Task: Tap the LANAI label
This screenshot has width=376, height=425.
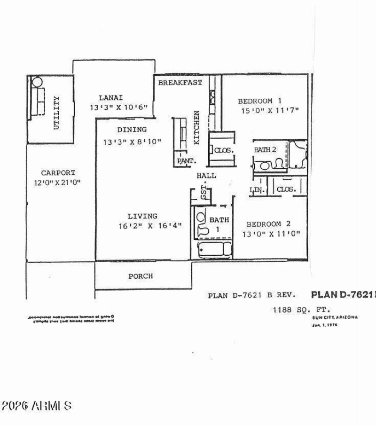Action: pyautogui.click(x=111, y=98)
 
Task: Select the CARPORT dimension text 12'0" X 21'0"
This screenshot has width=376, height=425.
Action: pyautogui.click(x=57, y=183)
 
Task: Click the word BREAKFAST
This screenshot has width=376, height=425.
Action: pyautogui.click(x=180, y=83)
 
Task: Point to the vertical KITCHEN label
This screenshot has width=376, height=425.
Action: pyautogui.click(x=197, y=127)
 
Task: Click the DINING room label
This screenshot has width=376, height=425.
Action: pyautogui.click(x=132, y=130)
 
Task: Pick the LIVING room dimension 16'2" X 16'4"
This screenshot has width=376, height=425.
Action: pyautogui.click(x=150, y=226)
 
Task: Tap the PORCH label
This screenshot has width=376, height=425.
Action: pyautogui.click(x=141, y=276)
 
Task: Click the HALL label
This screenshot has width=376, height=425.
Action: pyautogui.click(x=206, y=175)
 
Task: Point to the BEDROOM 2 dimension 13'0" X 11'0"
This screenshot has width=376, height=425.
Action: pyautogui.click(x=271, y=234)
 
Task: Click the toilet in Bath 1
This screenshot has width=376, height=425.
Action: pyautogui.click(x=203, y=224)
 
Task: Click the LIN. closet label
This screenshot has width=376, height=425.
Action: pyautogui.click(x=258, y=189)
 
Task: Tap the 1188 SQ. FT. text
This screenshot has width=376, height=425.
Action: pyautogui.click(x=302, y=310)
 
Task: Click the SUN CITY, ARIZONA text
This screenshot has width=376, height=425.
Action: pyautogui.click(x=335, y=317)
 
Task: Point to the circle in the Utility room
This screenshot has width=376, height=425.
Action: pyautogui.click(x=37, y=82)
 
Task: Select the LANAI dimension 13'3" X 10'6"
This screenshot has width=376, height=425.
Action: pyautogui.click(x=118, y=107)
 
